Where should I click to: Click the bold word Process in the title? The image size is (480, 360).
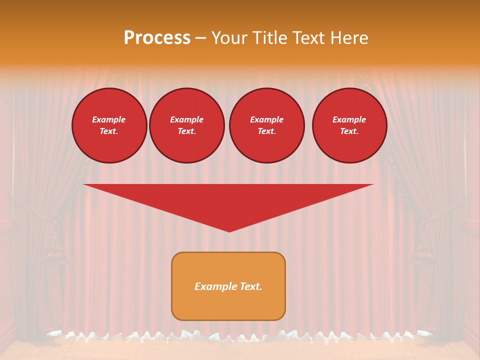(x=157, y=38)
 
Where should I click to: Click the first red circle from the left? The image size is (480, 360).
(x=109, y=125)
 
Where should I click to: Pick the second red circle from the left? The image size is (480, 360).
(x=186, y=125)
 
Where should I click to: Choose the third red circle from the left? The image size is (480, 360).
(x=266, y=125)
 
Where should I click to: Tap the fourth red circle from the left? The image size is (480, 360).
(x=349, y=125)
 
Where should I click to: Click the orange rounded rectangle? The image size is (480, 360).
(x=228, y=286)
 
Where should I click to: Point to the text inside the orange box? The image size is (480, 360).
(x=228, y=286)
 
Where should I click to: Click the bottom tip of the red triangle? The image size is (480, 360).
(x=229, y=230)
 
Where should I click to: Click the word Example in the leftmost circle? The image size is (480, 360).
(x=109, y=119)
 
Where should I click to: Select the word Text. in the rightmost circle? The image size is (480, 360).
(x=349, y=131)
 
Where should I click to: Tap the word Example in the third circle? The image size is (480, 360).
(x=266, y=119)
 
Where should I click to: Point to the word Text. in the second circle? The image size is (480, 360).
(x=186, y=131)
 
